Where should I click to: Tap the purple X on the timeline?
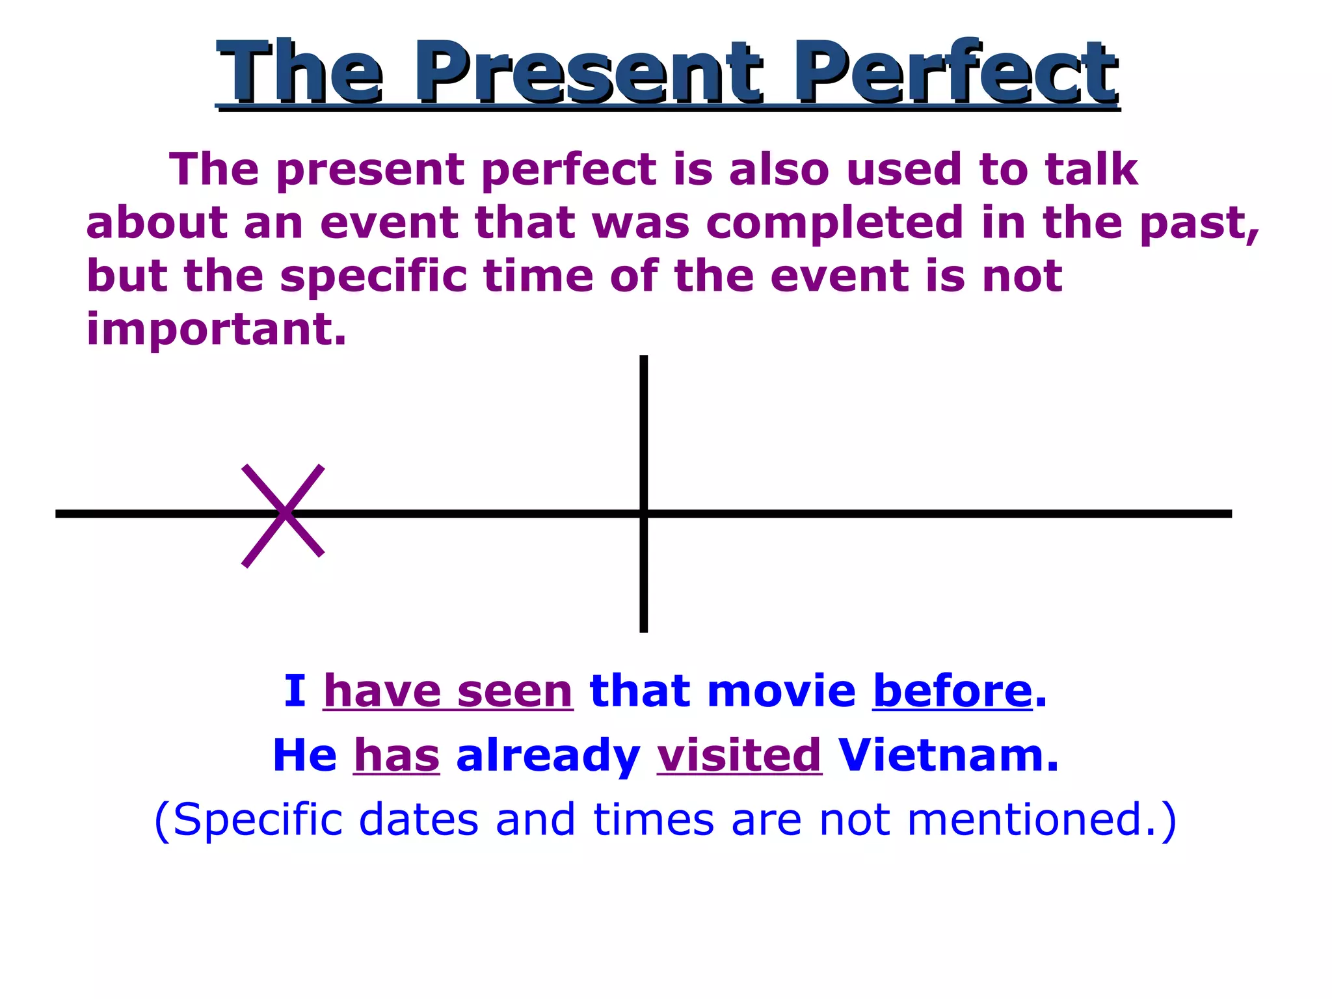click(283, 514)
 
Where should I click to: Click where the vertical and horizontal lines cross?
click(643, 514)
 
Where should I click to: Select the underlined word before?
click(952, 691)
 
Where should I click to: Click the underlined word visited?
click(739, 756)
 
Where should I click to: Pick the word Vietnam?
click(948, 756)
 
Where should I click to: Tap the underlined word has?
click(396, 756)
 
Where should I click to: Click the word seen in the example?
click(514, 691)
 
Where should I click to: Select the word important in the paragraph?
click(215, 329)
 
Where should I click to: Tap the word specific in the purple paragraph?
click(373, 277)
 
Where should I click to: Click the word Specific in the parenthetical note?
click(258, 819)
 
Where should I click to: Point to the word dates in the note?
click(418, 819)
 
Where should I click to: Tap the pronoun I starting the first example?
click(294, 691)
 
